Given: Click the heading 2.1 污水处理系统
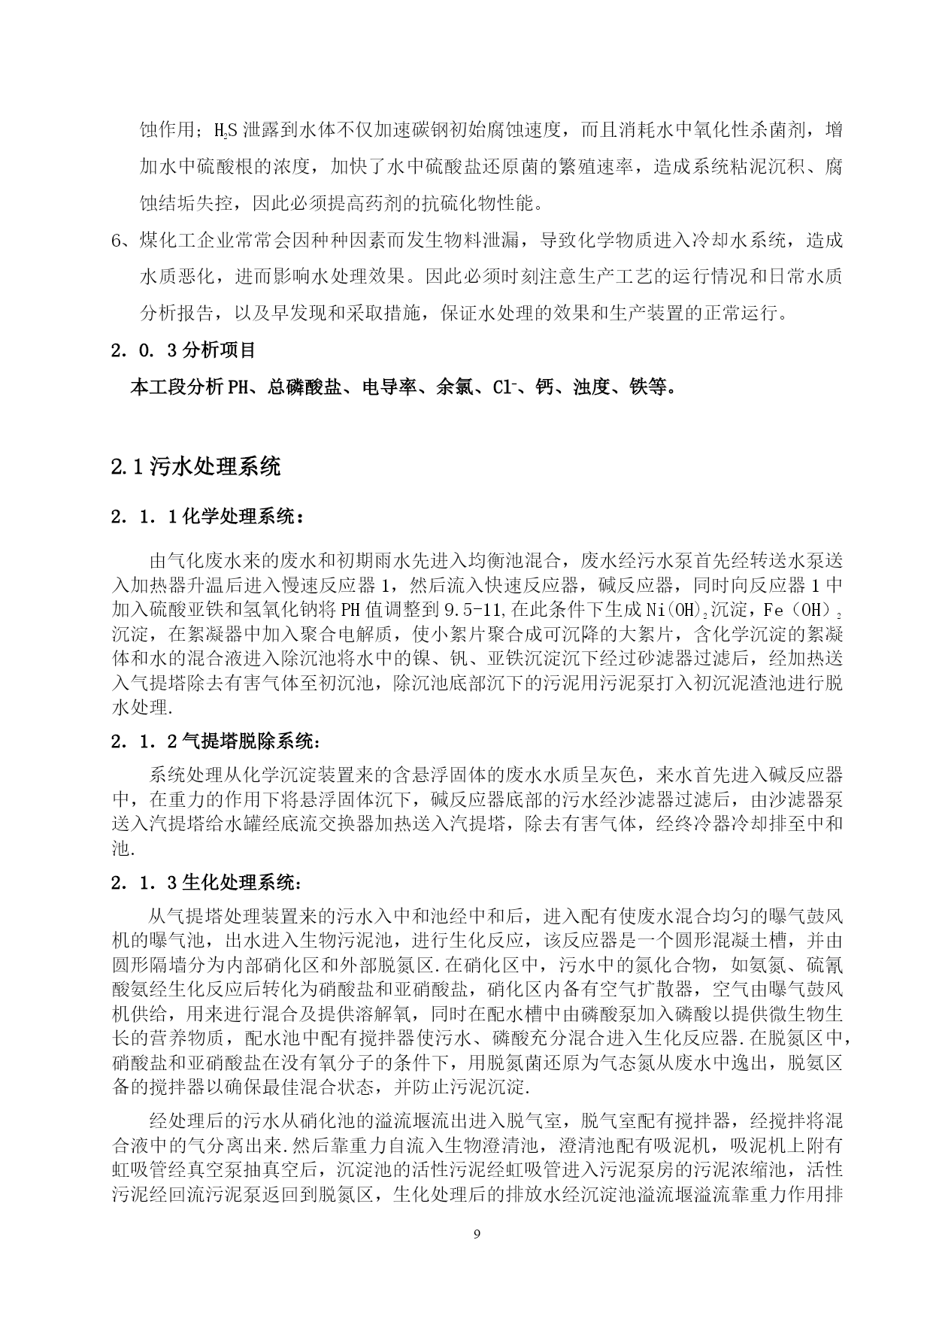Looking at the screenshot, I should pyautogui.click(x=195, y=467).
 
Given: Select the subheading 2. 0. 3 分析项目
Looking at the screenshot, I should pyautogui.click(x=183, y=350).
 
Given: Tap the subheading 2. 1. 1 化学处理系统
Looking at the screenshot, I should pyautogui.click(x=208, y=517).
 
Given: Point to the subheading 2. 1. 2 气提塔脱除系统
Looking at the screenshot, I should pyautogui.click(x=216, y=741).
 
